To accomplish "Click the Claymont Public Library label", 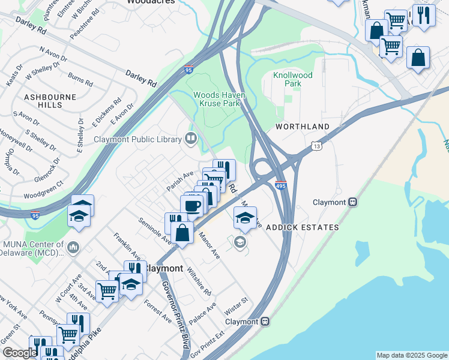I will pos(137,140).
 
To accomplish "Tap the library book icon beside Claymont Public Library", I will pos(191,139).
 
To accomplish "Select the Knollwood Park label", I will pos(293,79).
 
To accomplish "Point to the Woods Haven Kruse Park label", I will pos(216,100).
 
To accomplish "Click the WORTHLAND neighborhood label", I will pos(303,127).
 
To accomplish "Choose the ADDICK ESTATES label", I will pos(302,227).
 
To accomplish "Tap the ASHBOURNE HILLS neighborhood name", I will pos(43,100).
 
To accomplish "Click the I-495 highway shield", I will pos(280,185).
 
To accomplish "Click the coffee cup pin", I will pos(192,206).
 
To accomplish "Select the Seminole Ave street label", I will pos(155,231).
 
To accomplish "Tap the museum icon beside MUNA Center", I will pos(73,247).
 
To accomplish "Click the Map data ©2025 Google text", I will pos(411,355).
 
